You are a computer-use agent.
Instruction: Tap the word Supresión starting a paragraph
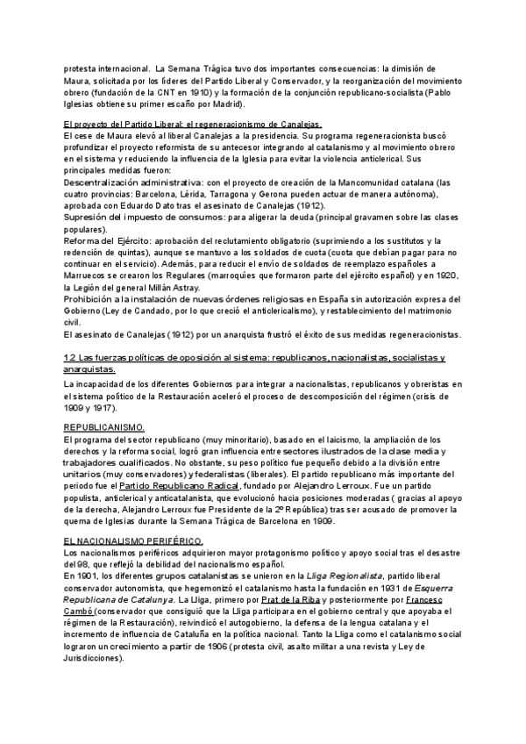(x=91, y=216)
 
